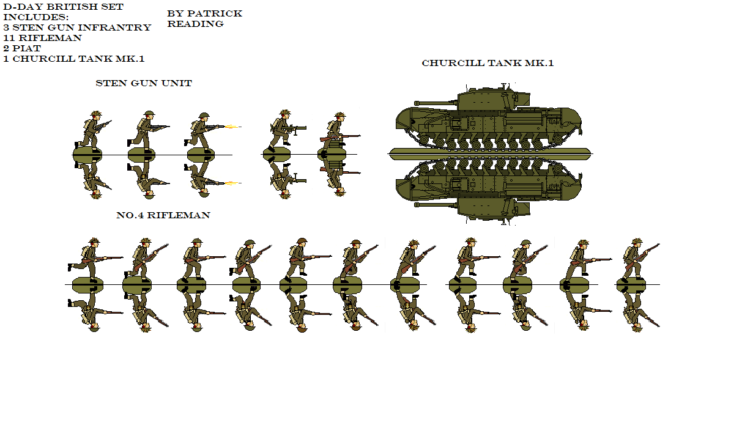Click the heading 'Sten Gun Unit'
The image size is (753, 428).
(x=144, y=83)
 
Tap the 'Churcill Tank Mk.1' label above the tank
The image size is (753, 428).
(x=488, y=63)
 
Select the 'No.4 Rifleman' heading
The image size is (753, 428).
(x=163, y=215)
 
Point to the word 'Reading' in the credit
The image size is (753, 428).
(x=195, y=24)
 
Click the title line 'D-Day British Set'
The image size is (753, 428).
(x=63, y=7)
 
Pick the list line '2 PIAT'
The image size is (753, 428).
(x=22, y=48)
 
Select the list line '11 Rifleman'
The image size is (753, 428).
(x=42, y=38)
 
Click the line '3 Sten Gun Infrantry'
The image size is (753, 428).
(x=76, y=28)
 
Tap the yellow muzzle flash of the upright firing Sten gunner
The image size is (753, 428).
(x=231, y=127)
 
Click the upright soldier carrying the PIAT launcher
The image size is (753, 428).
(x=283, y=130)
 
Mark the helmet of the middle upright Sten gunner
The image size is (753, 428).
(x=149, y=114)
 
